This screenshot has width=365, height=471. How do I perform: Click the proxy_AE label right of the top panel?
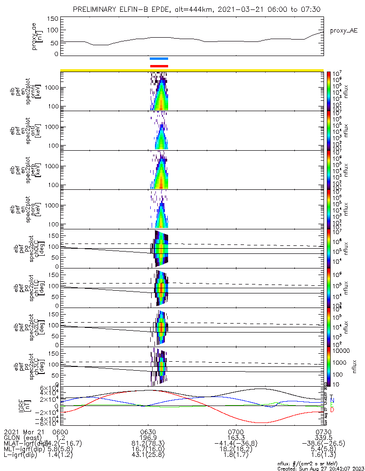[343, 31]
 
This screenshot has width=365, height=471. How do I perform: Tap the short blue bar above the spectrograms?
[159, 59]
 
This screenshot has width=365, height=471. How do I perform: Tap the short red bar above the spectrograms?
[159, 66]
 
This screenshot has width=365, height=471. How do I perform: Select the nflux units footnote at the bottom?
[321, 463]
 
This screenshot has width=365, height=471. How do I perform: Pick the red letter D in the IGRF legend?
[332, 410]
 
